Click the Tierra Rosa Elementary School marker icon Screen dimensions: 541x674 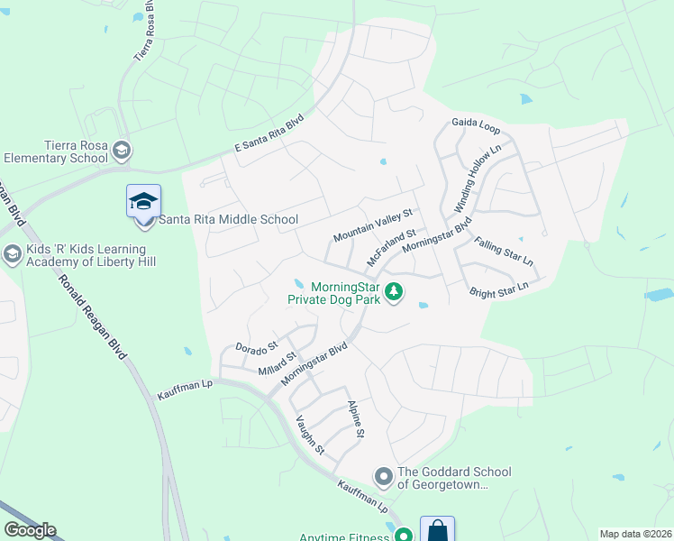[x=123, y=150]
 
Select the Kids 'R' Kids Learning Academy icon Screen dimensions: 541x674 [x=13, y=254]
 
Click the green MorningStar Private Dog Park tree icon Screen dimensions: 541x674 [x=393, y=291]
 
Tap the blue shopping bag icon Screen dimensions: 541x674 [x=437, y=530]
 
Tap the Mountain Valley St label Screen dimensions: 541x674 [x=371, y=225]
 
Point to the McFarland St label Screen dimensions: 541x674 [x=390, y=246]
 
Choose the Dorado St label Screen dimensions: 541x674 [x=257, y=346]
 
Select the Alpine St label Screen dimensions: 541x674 [x=356, y=419]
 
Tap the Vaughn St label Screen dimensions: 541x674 [x=310, y=433]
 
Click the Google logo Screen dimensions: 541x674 [x=30, y=530]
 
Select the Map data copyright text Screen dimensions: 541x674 [x=635, y=534]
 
